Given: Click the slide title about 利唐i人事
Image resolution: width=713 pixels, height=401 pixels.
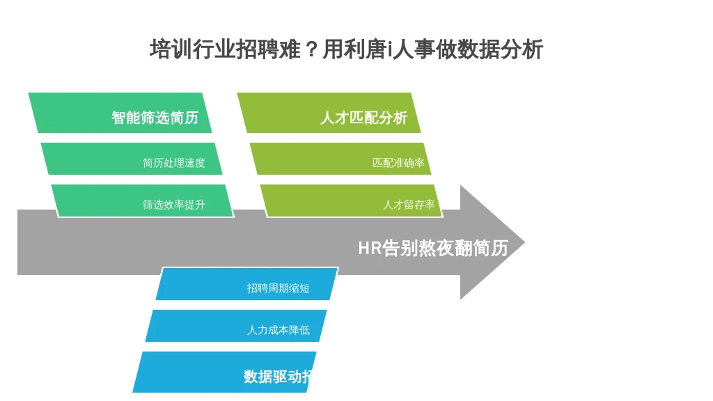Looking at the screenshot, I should pos(346,49).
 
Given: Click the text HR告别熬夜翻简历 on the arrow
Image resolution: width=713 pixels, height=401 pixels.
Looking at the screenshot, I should pos(432,248).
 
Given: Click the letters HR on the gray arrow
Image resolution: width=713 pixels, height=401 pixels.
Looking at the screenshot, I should pos(370,248).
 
